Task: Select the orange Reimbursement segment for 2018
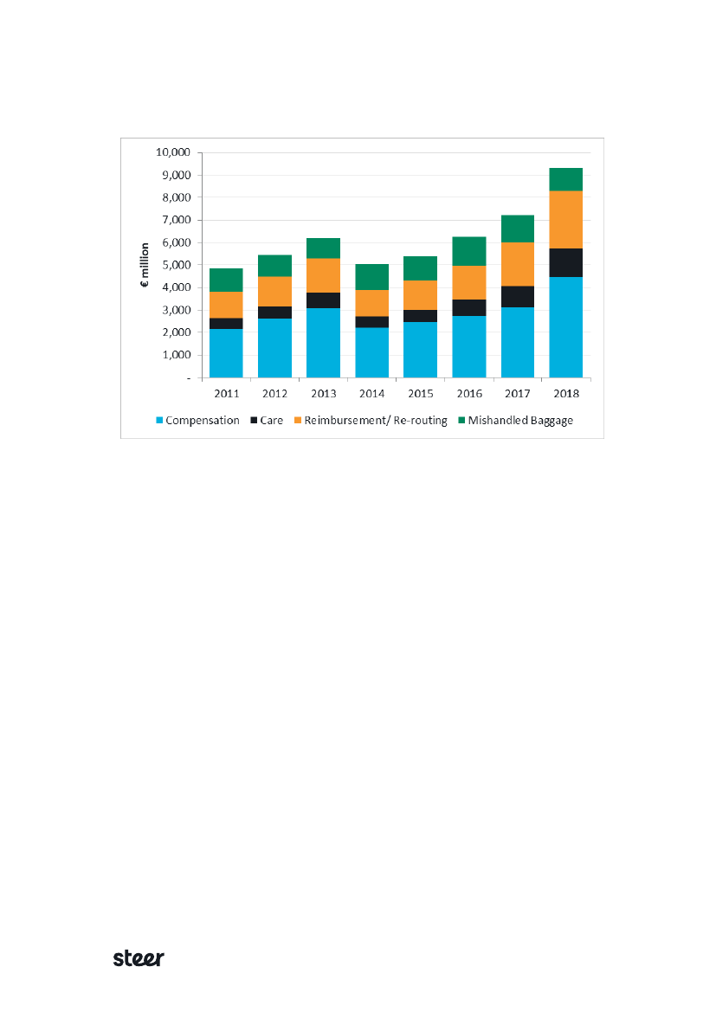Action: [x=565, y=219]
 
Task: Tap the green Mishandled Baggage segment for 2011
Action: [x=226, y=280]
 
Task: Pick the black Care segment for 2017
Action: [x=517, y=296]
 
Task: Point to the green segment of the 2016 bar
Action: [x=468, y=251]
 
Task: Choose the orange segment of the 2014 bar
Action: [x=371, y=303]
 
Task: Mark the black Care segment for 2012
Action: [x=274, y=313]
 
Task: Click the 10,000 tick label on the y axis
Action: [x=173, y=152]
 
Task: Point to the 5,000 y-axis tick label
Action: [x=176, y=265]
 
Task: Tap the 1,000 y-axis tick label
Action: [x=176, y=355]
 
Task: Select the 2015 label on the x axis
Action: [x=420, y=393]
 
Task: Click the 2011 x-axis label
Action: [x=226, y=393]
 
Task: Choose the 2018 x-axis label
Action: [x=565, y=393]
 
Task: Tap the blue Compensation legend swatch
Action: [x=158, y=421]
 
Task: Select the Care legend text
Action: [x=271, y=421]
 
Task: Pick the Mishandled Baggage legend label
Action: [x=520, y=421]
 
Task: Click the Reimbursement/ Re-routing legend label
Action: [x=375, y=421]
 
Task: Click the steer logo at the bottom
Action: [x=139, y=958]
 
